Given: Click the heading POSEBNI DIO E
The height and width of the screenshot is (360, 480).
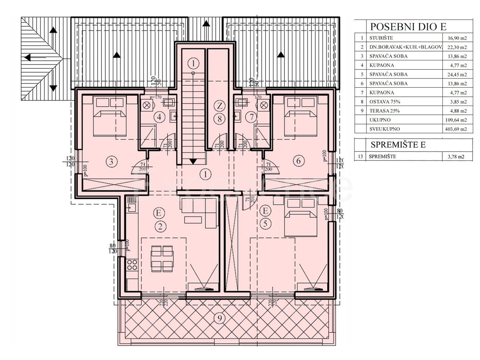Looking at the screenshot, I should [x=408, y=27].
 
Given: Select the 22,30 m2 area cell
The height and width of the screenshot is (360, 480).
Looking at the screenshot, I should [x=455, y=47].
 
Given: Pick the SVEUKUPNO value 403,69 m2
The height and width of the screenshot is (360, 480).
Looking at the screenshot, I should [x=455, y=129].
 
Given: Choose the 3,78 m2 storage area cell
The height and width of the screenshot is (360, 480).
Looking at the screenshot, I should [x=455, y=156].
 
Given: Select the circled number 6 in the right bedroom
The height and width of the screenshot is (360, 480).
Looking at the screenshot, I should [x=298, y=161].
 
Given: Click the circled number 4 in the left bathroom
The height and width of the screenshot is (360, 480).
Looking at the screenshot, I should [x=160, y=118].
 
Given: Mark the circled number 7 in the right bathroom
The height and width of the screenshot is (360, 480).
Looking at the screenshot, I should [x=252, y=118].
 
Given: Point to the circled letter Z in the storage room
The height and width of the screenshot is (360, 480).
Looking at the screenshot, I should [x=219, y=106].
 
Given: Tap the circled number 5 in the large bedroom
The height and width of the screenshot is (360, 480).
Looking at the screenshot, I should [x=265, y=224].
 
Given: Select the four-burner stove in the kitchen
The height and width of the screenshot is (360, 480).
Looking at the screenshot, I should [x=132, y=265].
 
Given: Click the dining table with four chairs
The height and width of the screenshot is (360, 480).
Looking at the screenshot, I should [x=162, y=258].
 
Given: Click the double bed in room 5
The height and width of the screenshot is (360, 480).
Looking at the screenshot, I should [x=301, y=218].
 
